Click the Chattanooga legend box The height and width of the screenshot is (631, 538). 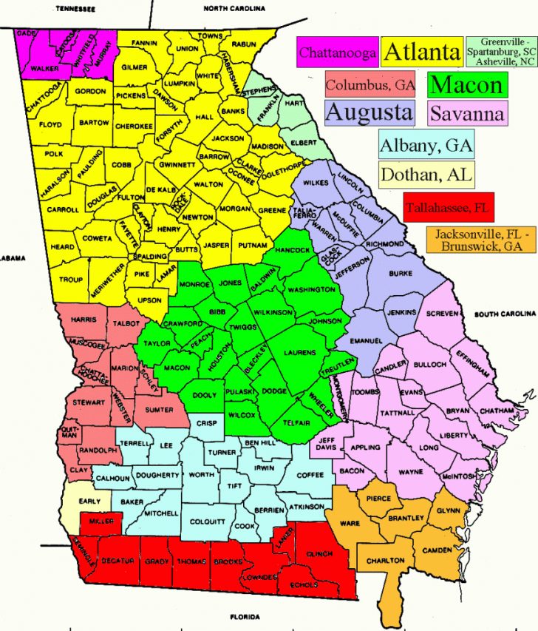point(338,53)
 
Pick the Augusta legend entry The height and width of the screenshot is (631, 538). point(369,112)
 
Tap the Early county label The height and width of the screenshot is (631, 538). point(89,502)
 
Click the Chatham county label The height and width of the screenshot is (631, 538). point(496,411)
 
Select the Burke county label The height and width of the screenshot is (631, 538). point(401,273)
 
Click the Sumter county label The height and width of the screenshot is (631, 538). point(160,409)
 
